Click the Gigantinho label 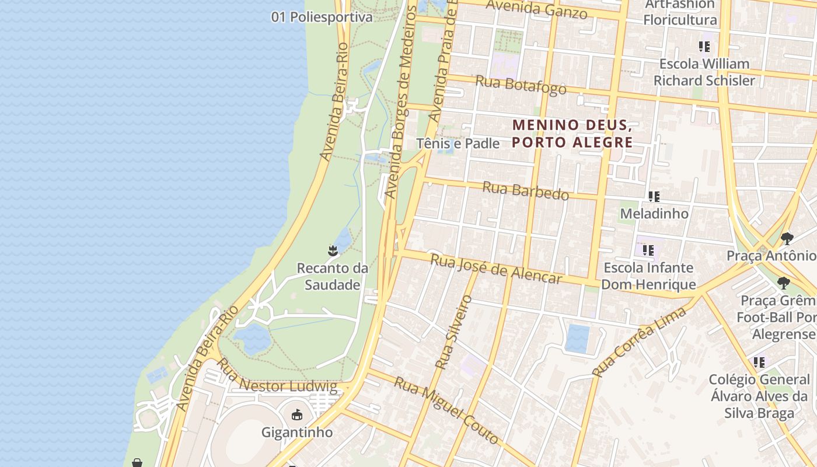297,433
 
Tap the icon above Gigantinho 297,415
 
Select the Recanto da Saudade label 333,277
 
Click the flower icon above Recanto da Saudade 333,251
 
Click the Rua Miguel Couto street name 446,410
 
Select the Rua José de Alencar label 496,269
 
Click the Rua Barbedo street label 526,191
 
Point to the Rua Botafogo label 521,85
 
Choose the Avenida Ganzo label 536,9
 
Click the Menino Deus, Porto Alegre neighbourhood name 572,134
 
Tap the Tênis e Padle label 458,144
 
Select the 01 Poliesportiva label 322,18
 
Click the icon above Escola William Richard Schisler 704,47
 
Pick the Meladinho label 654,214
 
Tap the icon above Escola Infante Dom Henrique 648,250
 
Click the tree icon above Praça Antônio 787,238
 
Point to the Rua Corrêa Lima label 639,341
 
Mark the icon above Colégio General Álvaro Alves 759,363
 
